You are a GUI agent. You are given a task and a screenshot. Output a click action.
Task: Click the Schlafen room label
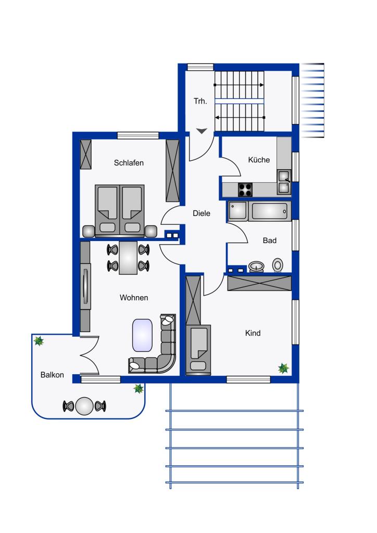129,163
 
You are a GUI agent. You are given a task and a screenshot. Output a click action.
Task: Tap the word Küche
259,160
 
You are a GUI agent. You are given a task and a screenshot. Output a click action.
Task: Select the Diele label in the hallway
201,213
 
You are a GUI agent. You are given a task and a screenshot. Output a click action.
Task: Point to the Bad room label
270,240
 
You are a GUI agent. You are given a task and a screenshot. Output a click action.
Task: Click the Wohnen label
134,298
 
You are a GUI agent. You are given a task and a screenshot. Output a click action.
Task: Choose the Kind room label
253,333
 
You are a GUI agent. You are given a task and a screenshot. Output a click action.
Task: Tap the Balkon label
52,375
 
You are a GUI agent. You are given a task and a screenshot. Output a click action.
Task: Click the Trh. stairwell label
200,101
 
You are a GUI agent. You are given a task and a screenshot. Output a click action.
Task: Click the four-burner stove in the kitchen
245,189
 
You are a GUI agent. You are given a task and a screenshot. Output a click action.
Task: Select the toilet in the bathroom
278,265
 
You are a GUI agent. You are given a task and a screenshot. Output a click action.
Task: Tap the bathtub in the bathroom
270,211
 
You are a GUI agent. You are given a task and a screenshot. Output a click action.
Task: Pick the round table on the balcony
84,406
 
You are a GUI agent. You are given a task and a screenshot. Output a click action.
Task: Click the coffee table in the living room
142,335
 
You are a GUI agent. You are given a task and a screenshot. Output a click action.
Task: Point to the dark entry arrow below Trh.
202,131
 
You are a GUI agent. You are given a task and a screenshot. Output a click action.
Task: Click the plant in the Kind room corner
283,368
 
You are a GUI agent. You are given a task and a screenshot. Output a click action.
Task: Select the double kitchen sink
284,182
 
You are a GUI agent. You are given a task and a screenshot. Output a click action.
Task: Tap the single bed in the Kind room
198,350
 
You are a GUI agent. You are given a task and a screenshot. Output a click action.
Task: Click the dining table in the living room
128,258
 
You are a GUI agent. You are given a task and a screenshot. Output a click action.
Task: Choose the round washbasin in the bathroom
256,266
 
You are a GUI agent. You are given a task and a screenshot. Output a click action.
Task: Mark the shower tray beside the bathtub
238,211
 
